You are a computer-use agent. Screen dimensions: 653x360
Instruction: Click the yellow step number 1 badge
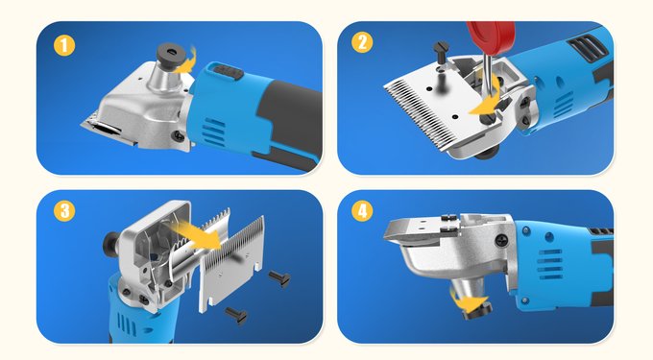pyautogui.click(x=64, y=45)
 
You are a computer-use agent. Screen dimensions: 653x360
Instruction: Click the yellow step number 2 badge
pyautogui.click(x=362, y=42)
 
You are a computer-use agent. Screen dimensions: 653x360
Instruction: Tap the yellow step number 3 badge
pyautogui.click(x=64, y=211)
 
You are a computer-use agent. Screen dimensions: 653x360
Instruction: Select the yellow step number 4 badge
pyautogui.click(x=362, y=211)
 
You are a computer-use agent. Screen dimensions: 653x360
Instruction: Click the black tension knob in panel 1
pyautogui.click(x=172, y=53)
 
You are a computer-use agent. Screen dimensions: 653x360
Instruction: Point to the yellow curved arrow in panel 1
pyautogui.click(x=185, y=61)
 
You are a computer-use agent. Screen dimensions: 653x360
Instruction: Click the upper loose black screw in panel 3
pyautogui.click(x=279, y=278)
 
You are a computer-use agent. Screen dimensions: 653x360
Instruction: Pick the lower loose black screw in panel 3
pyautogui.click(x=236, y=315)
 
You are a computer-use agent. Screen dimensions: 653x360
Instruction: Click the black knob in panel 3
pyautogui.click(x=110, y=242)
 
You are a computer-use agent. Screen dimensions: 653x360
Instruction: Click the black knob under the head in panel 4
pyautogui.click(x=477, y=311)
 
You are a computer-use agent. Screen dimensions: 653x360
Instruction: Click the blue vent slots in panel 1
pyautogui.click(x=214, y=132)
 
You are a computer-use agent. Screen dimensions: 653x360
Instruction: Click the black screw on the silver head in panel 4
pyautogui.click(x=501, y=241)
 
